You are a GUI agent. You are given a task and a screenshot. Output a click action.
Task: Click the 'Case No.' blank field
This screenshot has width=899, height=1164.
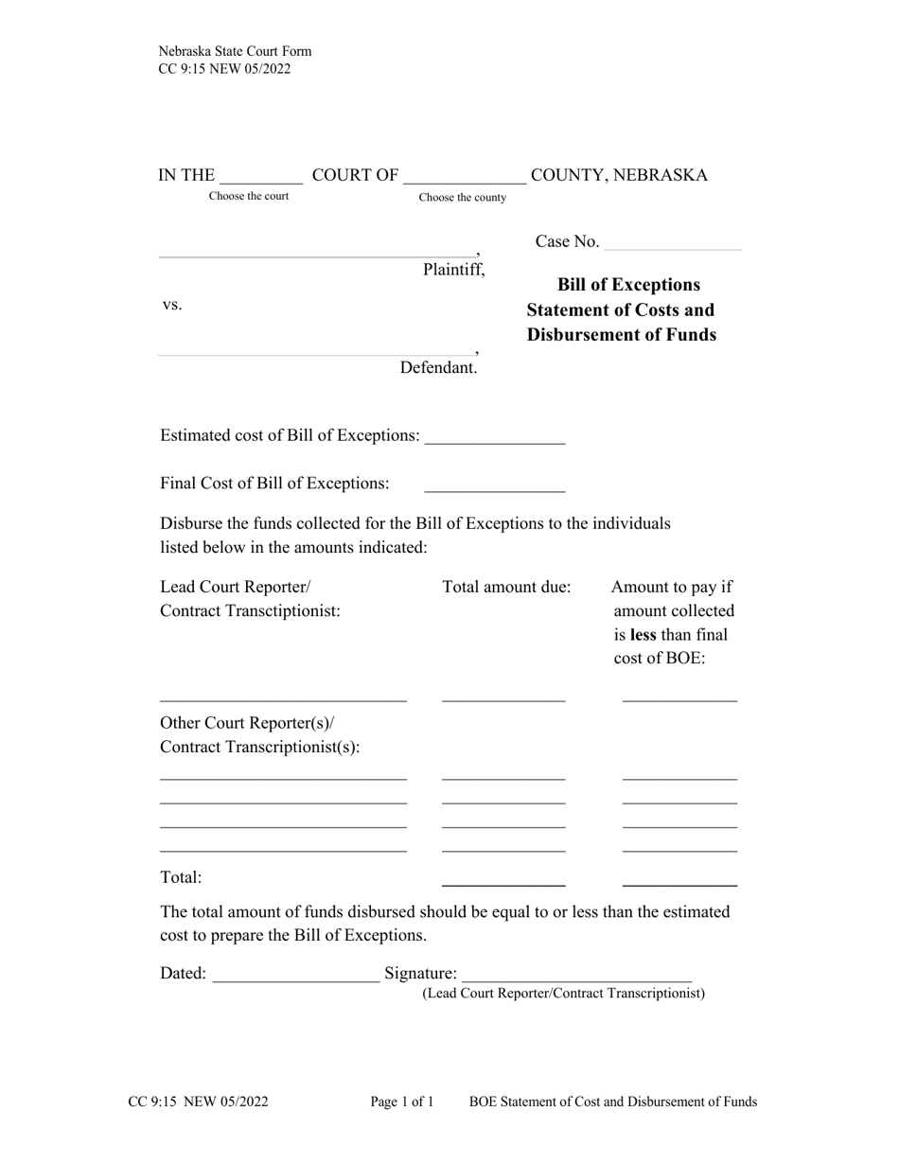(x=672, y=243)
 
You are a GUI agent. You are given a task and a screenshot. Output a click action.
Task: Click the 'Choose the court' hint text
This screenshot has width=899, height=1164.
(x=249, y=196)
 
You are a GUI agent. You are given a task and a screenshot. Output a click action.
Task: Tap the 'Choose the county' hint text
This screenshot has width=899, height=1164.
(x=463, y=198)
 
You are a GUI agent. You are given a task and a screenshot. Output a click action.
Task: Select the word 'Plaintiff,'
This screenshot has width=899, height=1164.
(x=453, y=270)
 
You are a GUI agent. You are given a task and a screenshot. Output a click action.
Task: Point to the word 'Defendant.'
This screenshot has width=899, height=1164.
(x=438, y=368)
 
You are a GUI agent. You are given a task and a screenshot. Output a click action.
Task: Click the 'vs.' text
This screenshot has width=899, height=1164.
(x=171, y=305)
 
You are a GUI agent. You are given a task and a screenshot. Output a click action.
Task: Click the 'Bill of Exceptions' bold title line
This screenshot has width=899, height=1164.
(x=629, y=285)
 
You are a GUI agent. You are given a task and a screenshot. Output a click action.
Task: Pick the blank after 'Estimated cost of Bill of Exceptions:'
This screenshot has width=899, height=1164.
(x=495, y=437)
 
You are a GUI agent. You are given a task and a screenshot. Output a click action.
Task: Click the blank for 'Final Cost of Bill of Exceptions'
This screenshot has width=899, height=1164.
(x=495, y=485)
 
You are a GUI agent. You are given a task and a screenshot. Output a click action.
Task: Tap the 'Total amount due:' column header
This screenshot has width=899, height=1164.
(x=506, y=587)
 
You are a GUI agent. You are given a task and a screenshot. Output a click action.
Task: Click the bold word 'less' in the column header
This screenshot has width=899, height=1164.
(x=644, y=634)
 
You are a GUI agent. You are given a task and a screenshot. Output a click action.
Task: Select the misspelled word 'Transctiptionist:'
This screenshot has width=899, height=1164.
(x=281, y=611)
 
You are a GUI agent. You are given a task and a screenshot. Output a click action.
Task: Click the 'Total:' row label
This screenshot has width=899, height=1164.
(x=181, y=877)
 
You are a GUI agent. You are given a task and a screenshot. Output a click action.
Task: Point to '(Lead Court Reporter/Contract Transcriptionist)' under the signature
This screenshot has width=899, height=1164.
(x=563, y=994)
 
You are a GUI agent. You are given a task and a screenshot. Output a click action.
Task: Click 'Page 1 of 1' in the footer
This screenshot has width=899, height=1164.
(x=402, y=1102)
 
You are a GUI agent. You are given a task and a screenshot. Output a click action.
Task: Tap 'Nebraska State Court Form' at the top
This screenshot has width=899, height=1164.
(x=235, y=51)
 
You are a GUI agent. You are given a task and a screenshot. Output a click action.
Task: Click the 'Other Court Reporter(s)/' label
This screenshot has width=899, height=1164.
(x=247, y=724)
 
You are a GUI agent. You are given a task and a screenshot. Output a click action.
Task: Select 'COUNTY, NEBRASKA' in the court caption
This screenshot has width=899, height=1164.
(x=619, y=175)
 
